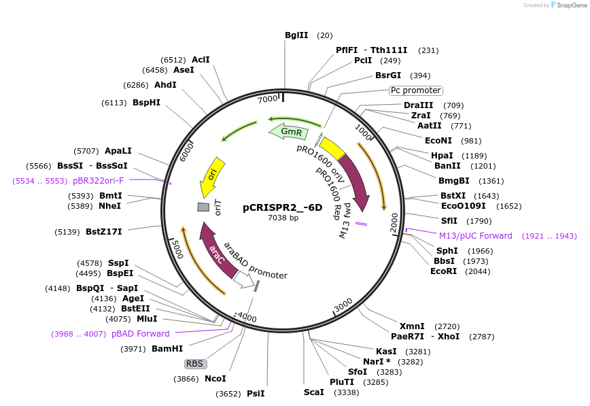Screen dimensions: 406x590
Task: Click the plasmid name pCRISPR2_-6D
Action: [282, 208]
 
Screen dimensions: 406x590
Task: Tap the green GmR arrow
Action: [287, 131]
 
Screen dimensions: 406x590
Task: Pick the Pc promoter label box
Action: [416, 90]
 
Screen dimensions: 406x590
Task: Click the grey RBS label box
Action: [195, 364]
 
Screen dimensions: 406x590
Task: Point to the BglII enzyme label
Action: [296, 35]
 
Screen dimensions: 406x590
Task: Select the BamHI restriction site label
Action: [167, 349]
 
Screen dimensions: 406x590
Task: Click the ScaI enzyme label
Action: [314, 392]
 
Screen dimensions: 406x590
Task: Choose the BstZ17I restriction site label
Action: [104, 232]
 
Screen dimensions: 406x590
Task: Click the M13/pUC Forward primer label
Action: [476, 236]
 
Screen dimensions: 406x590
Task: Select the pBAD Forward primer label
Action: [141, 334]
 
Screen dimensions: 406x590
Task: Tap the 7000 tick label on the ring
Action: [268, 99]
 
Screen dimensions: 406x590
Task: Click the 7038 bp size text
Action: [283, 218]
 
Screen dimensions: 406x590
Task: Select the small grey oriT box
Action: [203, 207]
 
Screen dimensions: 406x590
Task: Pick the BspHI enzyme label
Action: [147, 103]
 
